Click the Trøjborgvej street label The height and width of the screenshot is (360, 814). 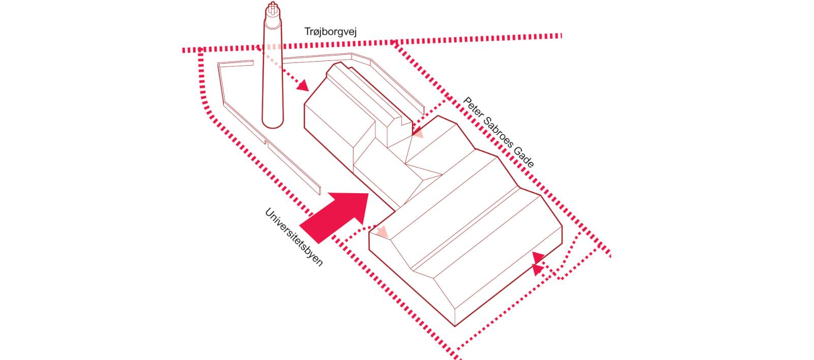tap(330, 32)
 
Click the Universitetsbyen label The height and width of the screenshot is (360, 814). tap(294, 237)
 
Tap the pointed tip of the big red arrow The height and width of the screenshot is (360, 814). tap(368, 194)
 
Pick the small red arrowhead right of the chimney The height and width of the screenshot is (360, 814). tap(303, 86)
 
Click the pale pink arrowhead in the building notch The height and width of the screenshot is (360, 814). tap(418, 133)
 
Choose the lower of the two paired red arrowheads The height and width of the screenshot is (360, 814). tap(538, 270)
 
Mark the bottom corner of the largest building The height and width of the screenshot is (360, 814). tap(455, 326)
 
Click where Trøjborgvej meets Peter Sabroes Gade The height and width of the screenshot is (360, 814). tap(394, 43)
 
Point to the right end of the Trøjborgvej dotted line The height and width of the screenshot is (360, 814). tap(561, 36)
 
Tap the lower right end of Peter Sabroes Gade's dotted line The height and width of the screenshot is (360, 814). tap(610, 256)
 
